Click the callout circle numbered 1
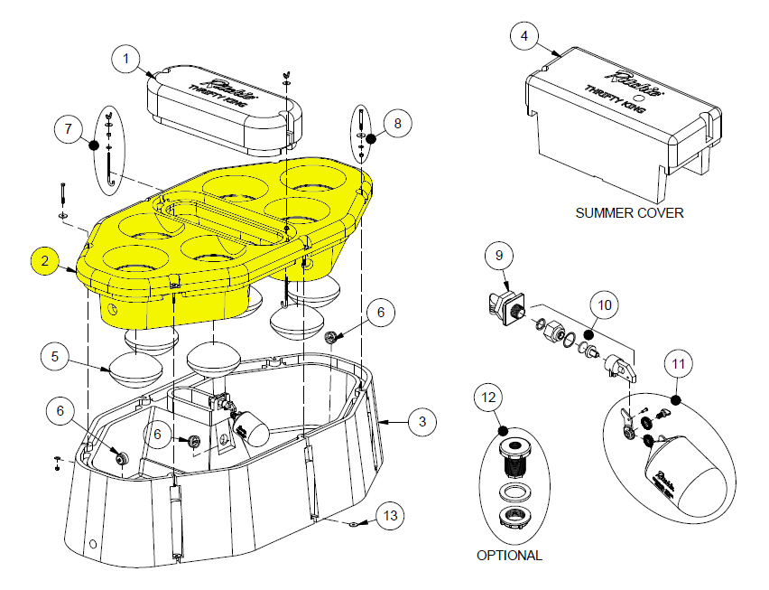(x=125, y=61)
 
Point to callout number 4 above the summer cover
(x=524, y=37)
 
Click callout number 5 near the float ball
(x=55, y=357)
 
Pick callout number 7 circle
(x=69, y=128)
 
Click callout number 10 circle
(x=605, y=304)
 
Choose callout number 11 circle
(x=678, y=364)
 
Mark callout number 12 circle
(x=488, y=397)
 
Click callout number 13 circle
(x=389, y=516)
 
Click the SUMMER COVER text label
(x=629, y=213)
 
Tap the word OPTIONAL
(x=509, y=556)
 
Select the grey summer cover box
(x=623, y=126)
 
